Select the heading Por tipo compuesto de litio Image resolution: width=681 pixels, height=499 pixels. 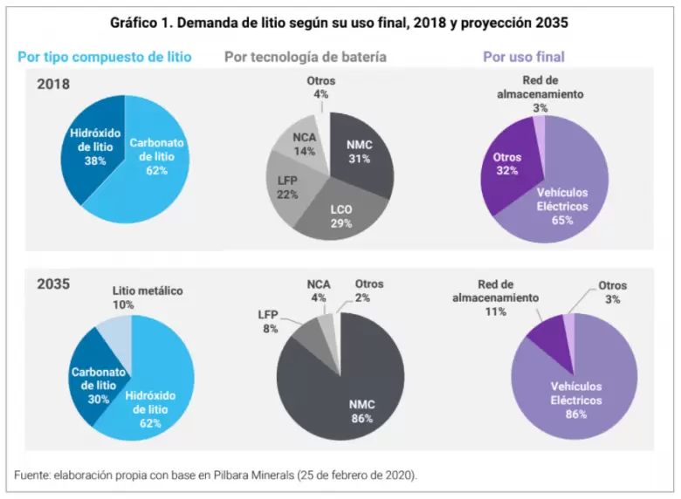tap(105, 58)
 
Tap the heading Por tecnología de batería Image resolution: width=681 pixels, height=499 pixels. tap(306, 58)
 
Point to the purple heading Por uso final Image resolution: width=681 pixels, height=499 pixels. tap(524, 58)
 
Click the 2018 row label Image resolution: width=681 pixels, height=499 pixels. tap(53, 85)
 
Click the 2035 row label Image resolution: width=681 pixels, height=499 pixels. tap(53, 284)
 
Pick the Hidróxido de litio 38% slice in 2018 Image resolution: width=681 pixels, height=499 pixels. tap(88, 147)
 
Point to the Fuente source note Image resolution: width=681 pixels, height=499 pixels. tap(217, 475)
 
